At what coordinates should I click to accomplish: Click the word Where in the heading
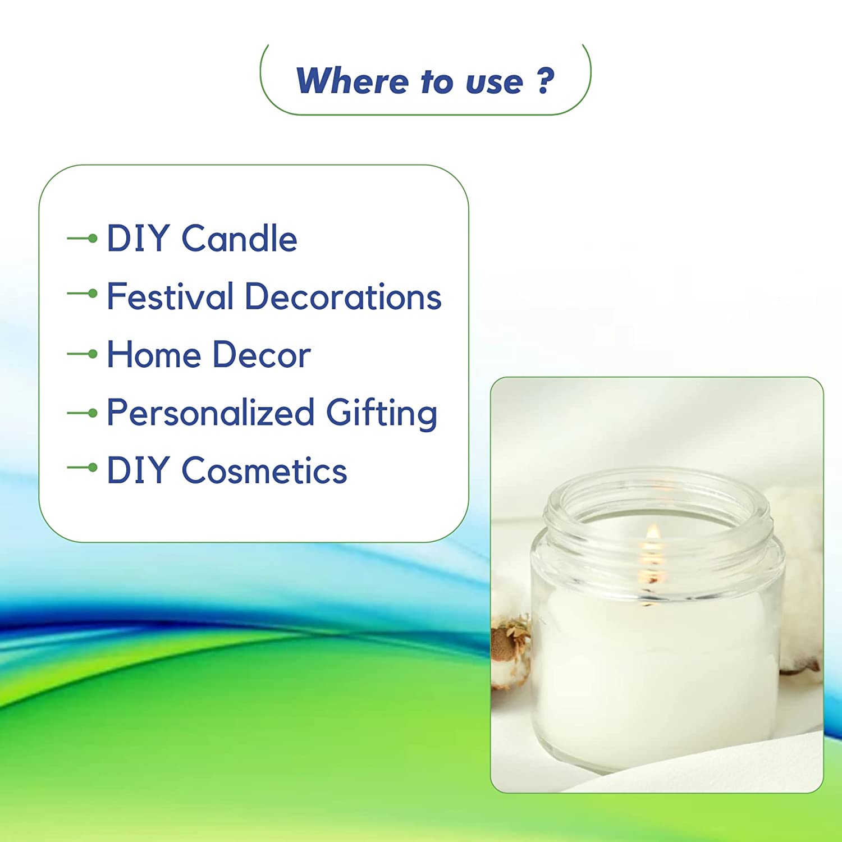coord(352,81)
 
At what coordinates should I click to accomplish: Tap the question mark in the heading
coord(546,81)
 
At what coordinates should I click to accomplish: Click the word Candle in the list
coord(239,239)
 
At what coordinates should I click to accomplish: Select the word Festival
coord(170,296)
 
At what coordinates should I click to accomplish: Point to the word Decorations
coord(344,296)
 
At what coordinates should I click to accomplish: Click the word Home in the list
coord(154,355)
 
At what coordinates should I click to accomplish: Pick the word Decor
coord(262,355)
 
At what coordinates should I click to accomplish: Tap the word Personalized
coord(210,413)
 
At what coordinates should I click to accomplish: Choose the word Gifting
coord(382,413)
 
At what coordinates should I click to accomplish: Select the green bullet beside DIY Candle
coord(83,239)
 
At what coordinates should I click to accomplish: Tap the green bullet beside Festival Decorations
coord(83,293)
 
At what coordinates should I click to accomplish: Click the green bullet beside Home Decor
coord(83,354)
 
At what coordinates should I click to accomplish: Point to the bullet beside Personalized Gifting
coord(83,414)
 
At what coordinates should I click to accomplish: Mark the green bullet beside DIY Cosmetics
coord(83,467)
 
